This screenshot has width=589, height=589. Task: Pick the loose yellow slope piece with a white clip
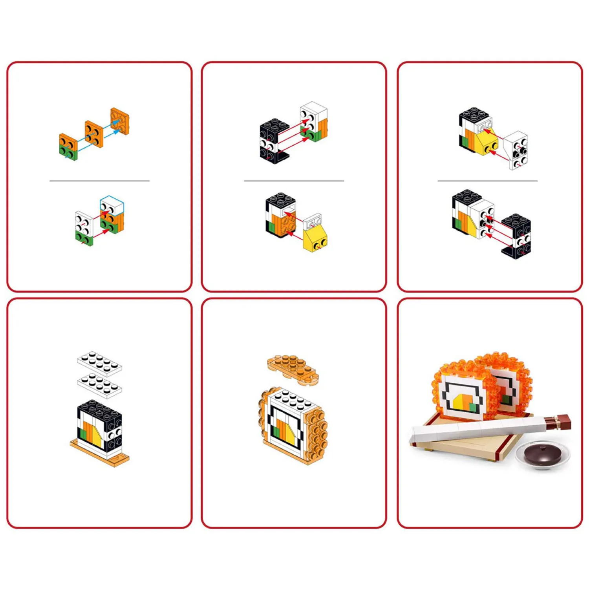tap(315, 234)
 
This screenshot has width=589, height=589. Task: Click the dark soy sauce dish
tap(543, 455)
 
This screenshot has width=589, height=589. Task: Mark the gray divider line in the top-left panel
tap(99, 181)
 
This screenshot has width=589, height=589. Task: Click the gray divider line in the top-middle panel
tap(294, 181)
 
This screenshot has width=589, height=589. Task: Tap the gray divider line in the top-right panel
tap(487, 181)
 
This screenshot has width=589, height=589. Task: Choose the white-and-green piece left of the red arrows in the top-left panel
tap(84, 229)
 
